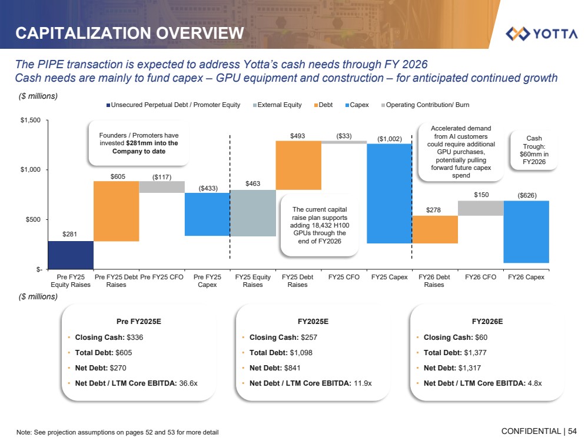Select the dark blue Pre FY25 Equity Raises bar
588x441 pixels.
(x=71, y=255)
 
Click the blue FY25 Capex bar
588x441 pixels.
(x=389, y=193)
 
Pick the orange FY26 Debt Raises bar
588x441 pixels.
(x=434, y=229)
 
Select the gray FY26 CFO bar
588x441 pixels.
(x=480, y=208)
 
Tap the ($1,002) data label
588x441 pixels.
(x=389, y=139)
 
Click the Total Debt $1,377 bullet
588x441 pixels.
(x=455, y=353)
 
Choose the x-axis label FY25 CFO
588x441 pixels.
(x=343, y=277)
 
